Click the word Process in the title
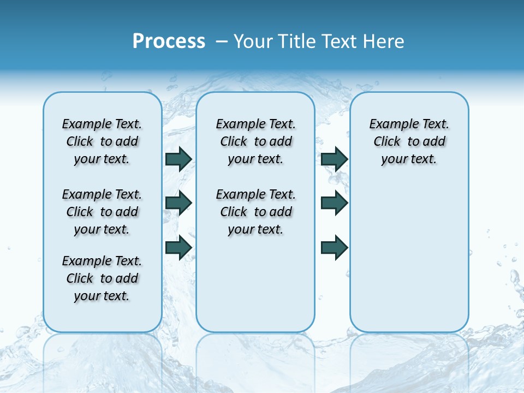pyautogui.click(x=169, y=41)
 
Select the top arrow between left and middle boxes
pyautogui.click(x=178, y=159)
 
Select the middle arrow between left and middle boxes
pyautogui.click(x=178, y=203)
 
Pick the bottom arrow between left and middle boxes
pyautogui.click(x=178, y=247)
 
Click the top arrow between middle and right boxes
pyautogui.click(x=334, y=159)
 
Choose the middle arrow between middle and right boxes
pyautogui.click(x=334, y=203)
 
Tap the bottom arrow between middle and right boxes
pyautogui.click(x=334, y=247)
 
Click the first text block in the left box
pyautogui.click(x=102, y=141)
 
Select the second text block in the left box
pyautogui.click(x=102, y=212)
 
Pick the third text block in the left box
pyautogui.click(x=102, y=278)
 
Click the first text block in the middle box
pyautogui.click(x=256, y=141)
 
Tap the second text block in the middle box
pyautogui.click(x=256, y=212)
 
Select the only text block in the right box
pyautogui.click(x=409, y=141)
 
